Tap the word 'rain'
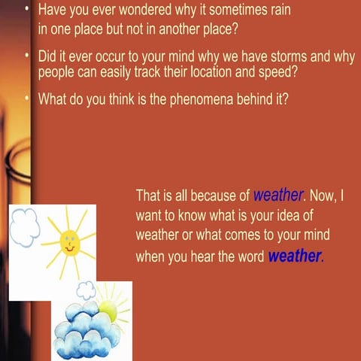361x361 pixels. tap(277, 12)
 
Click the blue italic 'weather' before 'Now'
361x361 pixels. tap(278, 196)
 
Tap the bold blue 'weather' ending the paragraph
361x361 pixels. tap(294, 256)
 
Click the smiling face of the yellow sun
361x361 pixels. tap(70, 243)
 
